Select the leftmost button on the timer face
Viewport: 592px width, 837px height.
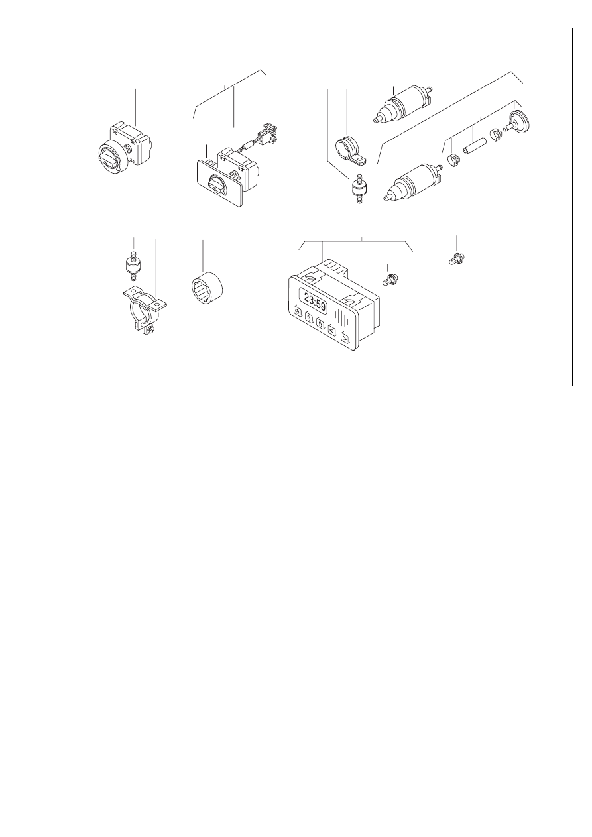point(298,311)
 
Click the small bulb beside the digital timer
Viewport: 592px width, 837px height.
point(390,279)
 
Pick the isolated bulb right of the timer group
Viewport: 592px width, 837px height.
point(456,258)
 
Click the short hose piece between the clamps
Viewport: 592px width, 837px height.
point(475,146)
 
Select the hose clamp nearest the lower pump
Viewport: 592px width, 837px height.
point(453,160)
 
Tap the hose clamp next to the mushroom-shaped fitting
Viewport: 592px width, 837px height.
point(496,135)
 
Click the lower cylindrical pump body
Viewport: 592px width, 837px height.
point(414,182)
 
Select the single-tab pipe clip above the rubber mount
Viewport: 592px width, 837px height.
point(349,150)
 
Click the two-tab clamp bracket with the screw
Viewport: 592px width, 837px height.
point(145,309)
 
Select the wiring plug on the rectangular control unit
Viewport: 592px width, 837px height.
point(268,134)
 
